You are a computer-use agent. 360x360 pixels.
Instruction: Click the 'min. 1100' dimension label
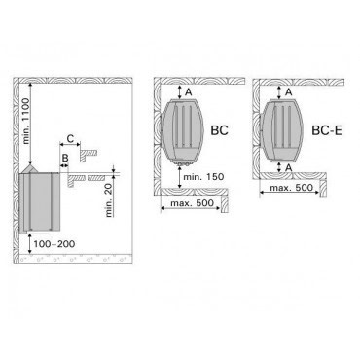(x=28, y=122)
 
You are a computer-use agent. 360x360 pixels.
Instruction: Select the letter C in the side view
(x=71, y=138)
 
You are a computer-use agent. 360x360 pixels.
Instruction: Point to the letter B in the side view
(x=66, y=156)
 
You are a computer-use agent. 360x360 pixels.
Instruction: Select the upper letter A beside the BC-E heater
(x=287, y=91)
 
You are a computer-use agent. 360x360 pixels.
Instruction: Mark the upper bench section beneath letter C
(x=89, y=154)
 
